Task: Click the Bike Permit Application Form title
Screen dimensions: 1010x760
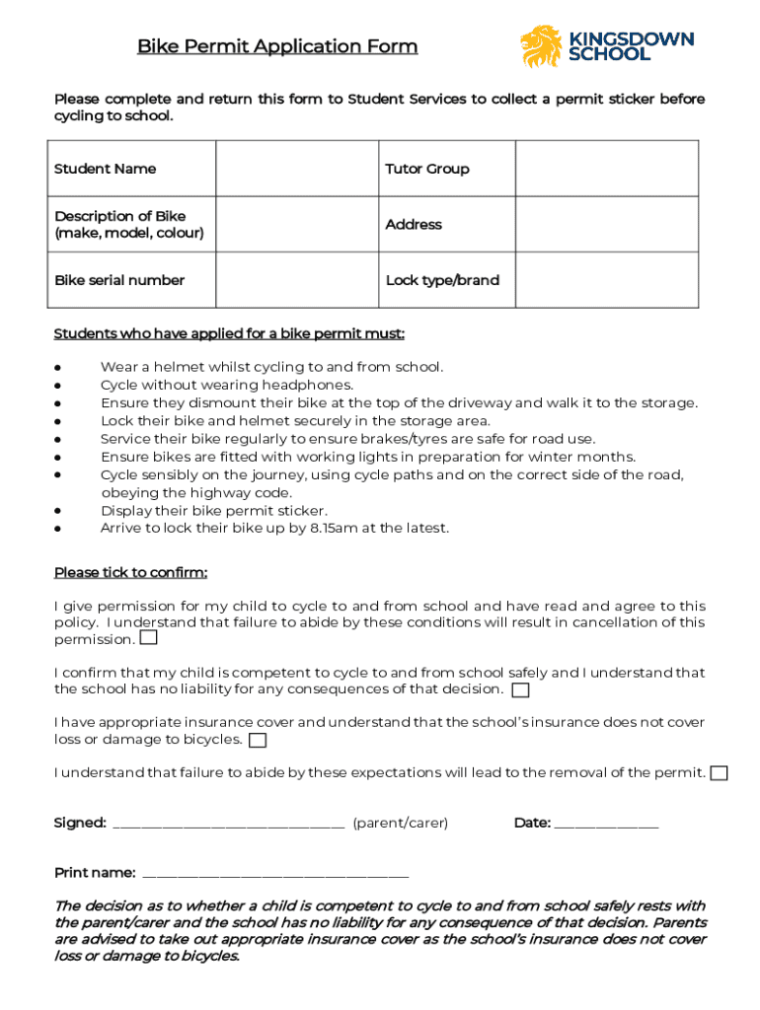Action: coord(277,46)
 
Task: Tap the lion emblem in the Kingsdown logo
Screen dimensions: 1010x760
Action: coord(541,46)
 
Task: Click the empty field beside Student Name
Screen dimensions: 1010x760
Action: coord(298,169)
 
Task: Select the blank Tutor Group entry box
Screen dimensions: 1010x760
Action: coord(606,169)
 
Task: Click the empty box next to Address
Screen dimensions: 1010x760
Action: coord(606,224)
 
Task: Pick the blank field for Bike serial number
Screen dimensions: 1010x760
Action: coord(298,280)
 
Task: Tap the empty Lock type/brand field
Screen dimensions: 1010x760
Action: coord(606,280)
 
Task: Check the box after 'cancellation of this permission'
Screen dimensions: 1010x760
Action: coord(148,638)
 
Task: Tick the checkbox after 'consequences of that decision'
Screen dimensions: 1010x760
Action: coord(520,689)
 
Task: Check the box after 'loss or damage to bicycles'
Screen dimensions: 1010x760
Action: coord(258,740)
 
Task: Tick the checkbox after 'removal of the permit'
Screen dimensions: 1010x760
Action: coord(720,772)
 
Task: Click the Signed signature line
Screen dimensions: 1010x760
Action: coord(229,825)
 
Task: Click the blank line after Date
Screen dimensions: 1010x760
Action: coord(606,825)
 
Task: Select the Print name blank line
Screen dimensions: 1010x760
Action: coord(275,875)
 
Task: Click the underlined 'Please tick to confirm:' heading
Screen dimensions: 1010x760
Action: coord(130,573)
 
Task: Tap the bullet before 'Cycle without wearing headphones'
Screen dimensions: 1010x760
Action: coord(59,386)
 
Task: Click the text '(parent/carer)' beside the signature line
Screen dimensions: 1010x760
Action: coord(400,823)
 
